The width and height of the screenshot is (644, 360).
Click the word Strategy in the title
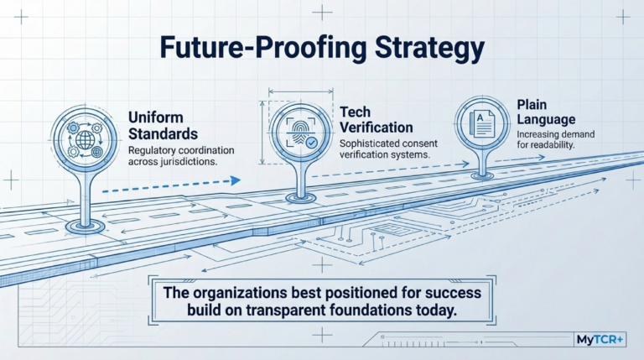point(430,49)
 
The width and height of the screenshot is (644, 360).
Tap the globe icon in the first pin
point(85,140)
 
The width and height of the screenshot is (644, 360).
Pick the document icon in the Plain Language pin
point(482,123)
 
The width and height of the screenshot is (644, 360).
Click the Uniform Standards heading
point(163,126)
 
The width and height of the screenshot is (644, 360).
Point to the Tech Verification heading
point(377,120)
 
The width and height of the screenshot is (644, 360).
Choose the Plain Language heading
point(546,112)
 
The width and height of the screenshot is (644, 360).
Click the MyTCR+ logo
point(600,340)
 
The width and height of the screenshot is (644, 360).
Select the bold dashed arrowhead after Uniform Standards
point(236,180)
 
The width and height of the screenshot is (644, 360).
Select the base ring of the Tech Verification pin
point(301,198)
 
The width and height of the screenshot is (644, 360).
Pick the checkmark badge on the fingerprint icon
point(312,143)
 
